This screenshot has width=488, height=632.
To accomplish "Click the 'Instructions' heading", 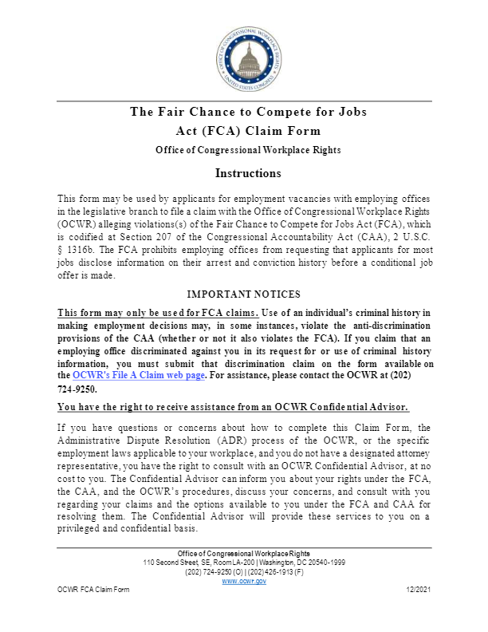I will [x=247, y=173].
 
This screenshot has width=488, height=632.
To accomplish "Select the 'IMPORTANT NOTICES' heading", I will [x=243, y=294].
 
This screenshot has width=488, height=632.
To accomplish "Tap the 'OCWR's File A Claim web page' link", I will [x=140, y=375].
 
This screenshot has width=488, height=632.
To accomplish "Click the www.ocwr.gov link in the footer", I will [x=244, y=581].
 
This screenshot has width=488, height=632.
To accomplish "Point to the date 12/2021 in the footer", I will [x=418, y=589].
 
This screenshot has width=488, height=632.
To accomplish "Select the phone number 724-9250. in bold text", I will [x=77, y=389].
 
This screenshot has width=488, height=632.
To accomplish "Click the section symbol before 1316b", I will [x=61, y=251].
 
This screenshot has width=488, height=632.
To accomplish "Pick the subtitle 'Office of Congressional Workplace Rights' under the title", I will [x=248, y=150].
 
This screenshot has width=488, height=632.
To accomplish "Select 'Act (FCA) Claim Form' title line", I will [x=248, y=131].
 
